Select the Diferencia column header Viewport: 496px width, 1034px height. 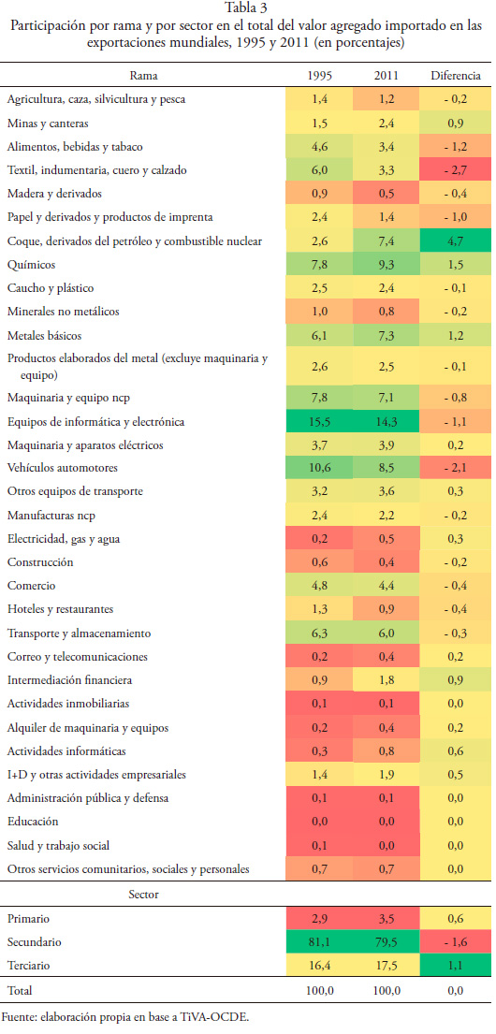[456, 76]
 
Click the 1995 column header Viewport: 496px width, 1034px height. [320, 76]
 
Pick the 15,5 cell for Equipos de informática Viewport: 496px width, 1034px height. [320, 421]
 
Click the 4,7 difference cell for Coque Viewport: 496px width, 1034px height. [456, 241]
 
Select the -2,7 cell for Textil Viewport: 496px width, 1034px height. [456, 170]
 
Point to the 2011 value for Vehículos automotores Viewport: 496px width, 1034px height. [387, 468]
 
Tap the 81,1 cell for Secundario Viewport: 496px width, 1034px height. [320, 942]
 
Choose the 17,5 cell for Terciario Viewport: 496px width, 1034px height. [387, 966]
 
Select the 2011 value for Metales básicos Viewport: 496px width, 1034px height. [387, 336]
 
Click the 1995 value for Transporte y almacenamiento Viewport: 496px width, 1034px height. [320, 634]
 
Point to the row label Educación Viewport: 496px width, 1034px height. [33, 822]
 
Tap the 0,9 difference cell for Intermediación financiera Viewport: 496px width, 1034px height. [456, 680]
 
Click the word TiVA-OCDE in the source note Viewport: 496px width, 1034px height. [215, 1016]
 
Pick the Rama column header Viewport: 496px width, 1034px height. [144, 76]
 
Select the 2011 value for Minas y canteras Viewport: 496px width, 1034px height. [387, 124]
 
